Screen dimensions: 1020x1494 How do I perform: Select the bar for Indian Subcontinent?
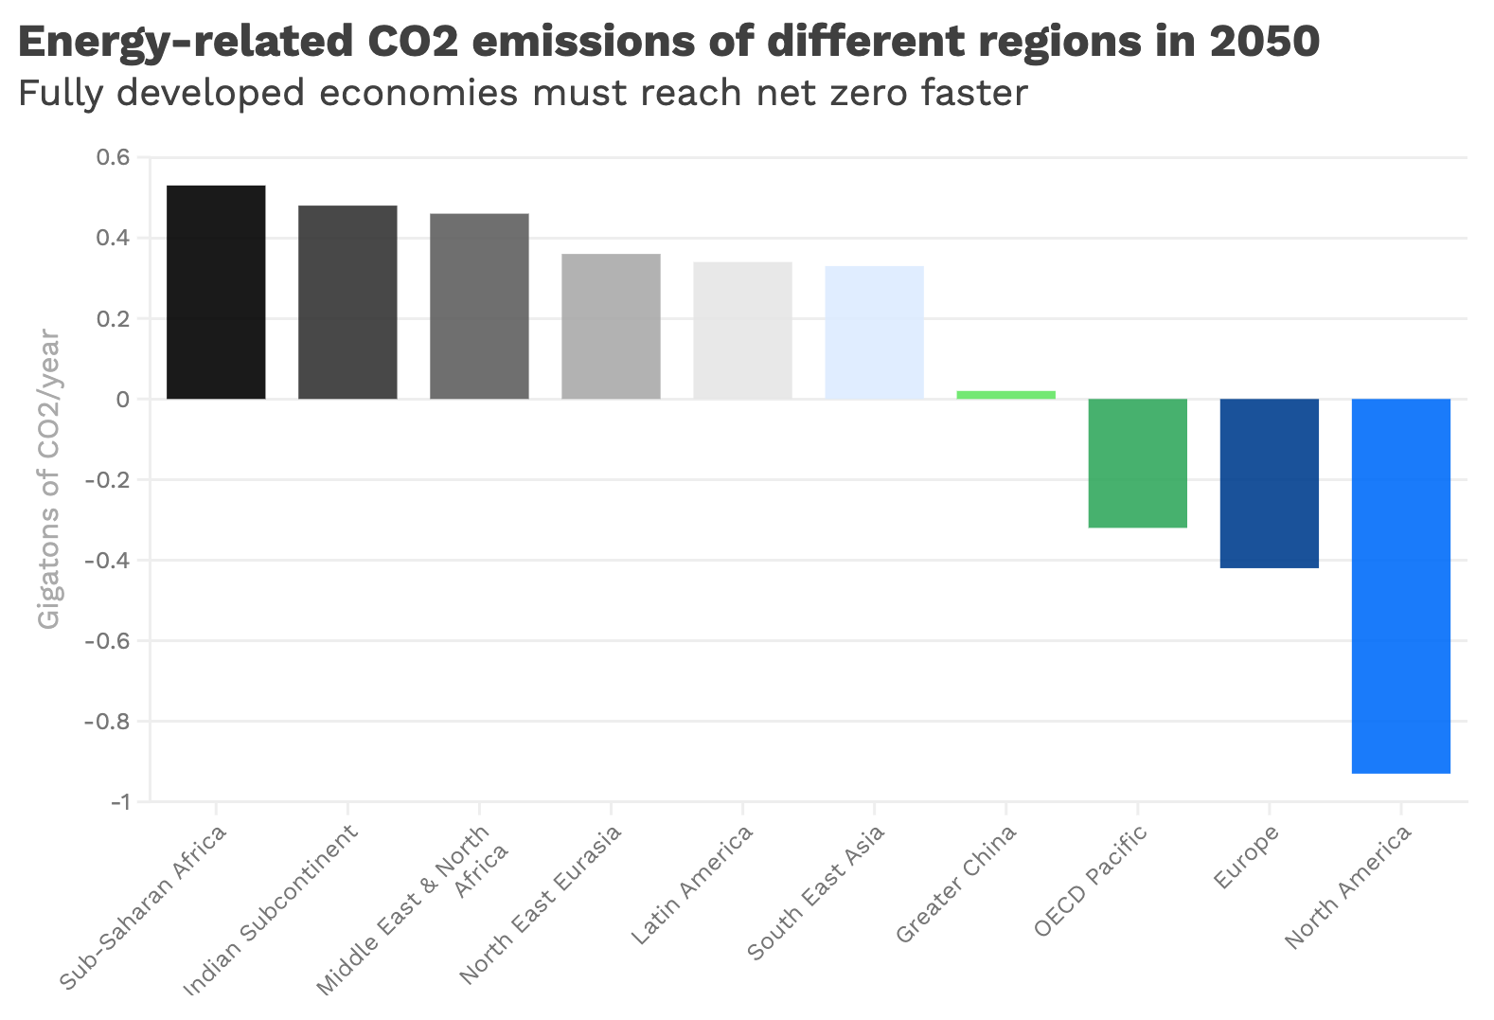click(347, 302)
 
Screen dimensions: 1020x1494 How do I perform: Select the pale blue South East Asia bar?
click(874, 332)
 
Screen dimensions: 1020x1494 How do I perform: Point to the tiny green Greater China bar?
click(1005, 395)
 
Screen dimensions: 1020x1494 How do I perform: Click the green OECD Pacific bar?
click(1137, 463)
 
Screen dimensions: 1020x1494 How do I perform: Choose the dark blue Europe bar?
click(1269, 483)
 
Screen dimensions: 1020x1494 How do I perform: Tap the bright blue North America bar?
click(1400, 586)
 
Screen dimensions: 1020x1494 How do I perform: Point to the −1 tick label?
click(119, 803)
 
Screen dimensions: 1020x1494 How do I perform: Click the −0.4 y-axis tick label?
click(107, 561)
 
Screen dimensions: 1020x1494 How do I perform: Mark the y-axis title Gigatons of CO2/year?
click(49, 479)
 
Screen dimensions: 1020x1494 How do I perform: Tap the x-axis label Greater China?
click(956, 885)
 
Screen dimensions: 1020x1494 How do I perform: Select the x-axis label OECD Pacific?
click(1091, 881)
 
